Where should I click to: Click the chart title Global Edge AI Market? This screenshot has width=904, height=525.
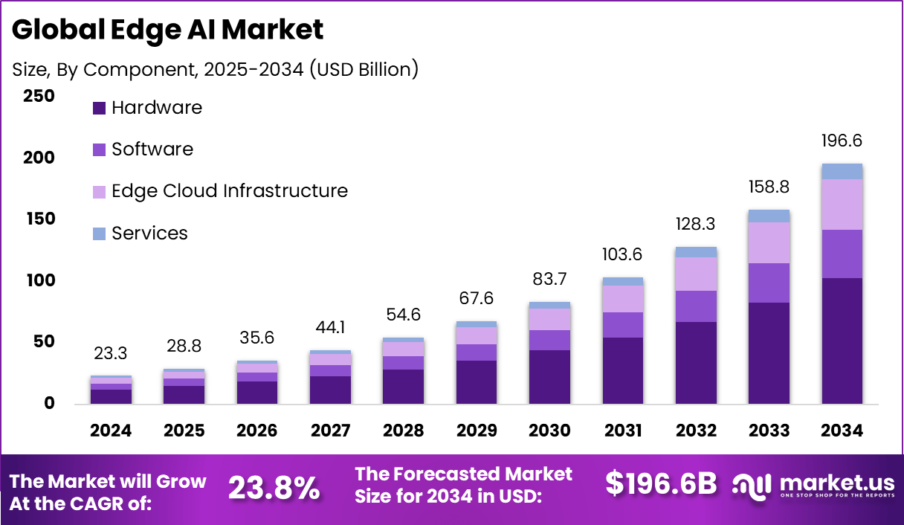point(168,30)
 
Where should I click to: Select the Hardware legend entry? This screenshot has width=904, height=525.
point(147,108)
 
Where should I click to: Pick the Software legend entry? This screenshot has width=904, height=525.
point(143,149)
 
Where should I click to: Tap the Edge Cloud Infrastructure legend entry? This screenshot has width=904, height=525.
point(220,191)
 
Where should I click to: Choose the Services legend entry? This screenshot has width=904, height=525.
point(140,233)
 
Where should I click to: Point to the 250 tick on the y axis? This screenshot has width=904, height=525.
point(39,96)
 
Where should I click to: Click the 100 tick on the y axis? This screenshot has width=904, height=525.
point(39,280)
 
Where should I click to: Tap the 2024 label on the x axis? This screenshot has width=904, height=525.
point(111,431)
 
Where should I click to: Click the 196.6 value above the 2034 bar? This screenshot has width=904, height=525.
point(842,141)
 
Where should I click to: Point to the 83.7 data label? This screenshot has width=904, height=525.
point(550,280)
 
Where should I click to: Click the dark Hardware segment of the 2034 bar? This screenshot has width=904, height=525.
point(842,341)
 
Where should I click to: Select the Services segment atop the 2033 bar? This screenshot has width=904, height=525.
point(769,216)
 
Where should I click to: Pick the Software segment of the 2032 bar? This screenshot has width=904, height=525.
point(697,306)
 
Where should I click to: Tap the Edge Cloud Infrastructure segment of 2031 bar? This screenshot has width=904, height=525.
point(623,299)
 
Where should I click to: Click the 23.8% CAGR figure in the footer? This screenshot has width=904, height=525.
point(274,488)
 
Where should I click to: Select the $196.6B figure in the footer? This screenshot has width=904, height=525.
point(661,483)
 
